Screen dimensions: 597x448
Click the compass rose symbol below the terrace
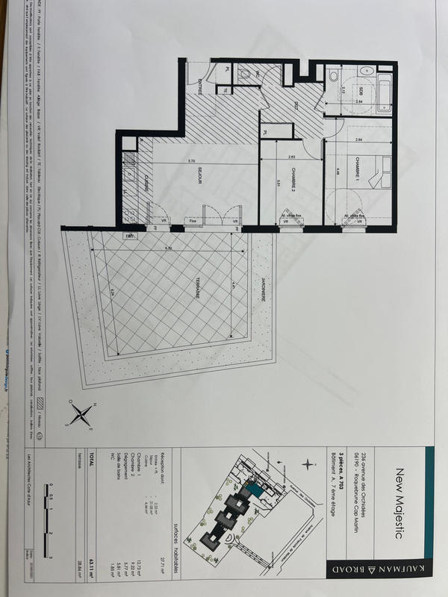coord(82,412)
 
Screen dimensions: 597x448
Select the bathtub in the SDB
coord(385,93)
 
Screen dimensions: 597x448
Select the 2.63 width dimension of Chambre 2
coord(292,157)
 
